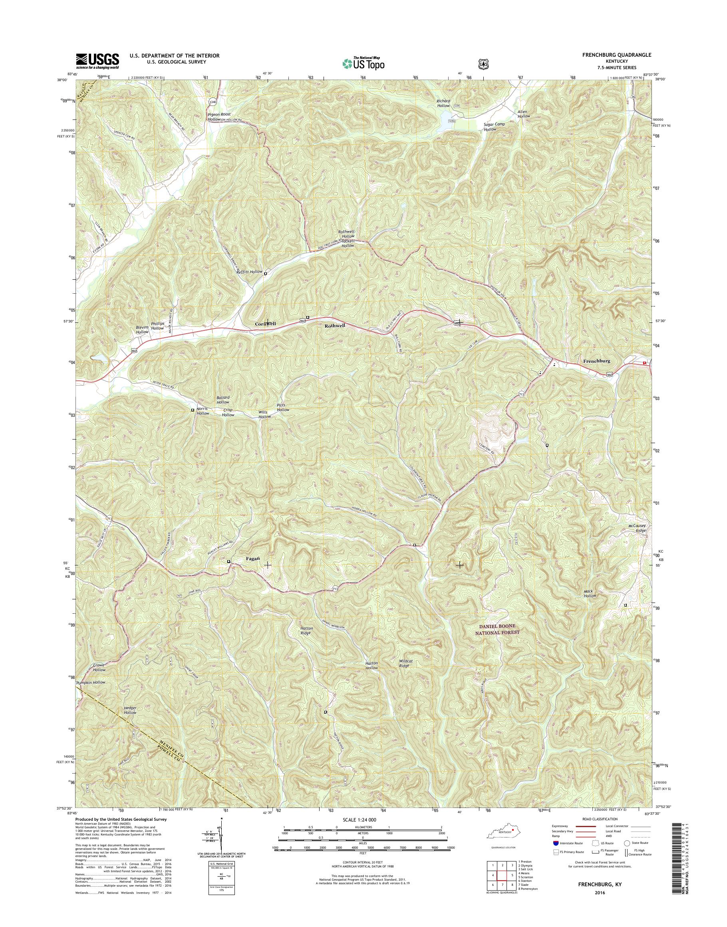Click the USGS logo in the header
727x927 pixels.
click(x=97, y=61)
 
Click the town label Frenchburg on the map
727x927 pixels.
click(x=596, y=361)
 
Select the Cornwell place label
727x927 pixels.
click(x=265, y=324)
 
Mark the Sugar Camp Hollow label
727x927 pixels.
click(x=494, y=127)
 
